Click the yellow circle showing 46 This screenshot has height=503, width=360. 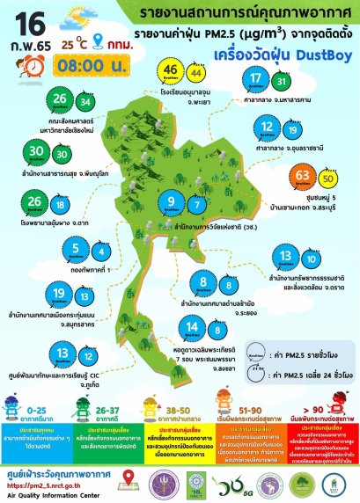tap(173, 71)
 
